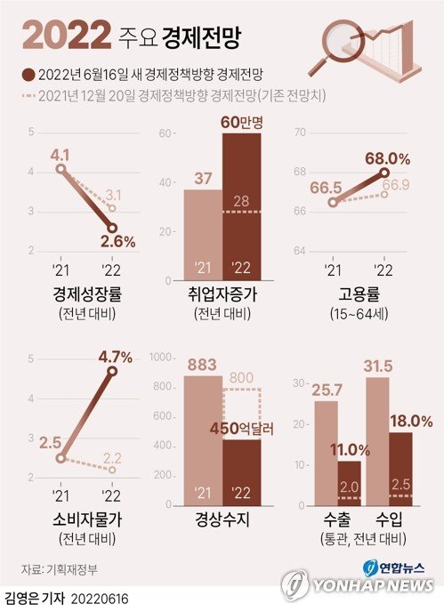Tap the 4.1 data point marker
click(x=60, y=169)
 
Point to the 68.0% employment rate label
click(x=387, y=158)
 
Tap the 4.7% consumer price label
click(x=115, y=357)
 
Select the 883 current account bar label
click(x=203, y=363)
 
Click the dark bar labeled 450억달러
click(x=241, y=471)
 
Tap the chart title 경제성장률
click(x=81, y=294)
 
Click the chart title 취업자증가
click(x=222, y=294)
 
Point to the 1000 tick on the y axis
click(x=163, y=358)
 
